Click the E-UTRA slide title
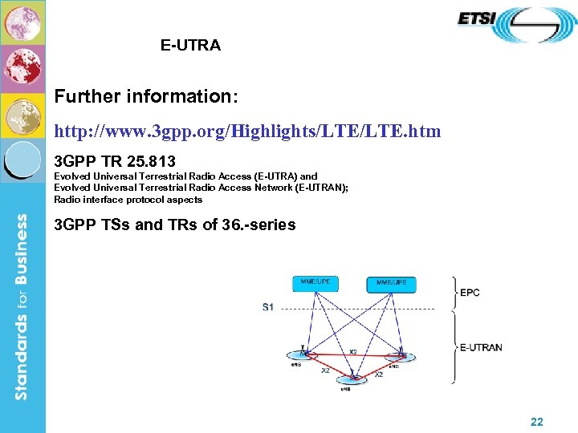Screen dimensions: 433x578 190,46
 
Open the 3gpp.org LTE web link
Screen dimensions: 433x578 247,131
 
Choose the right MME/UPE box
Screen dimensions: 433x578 392,284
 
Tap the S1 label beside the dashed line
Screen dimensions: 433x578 268,308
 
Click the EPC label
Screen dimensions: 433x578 470,293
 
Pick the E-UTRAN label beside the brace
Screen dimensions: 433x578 481,348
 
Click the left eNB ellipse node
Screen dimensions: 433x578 304,354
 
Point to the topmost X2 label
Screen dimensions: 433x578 353,351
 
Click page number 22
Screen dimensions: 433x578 537,421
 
